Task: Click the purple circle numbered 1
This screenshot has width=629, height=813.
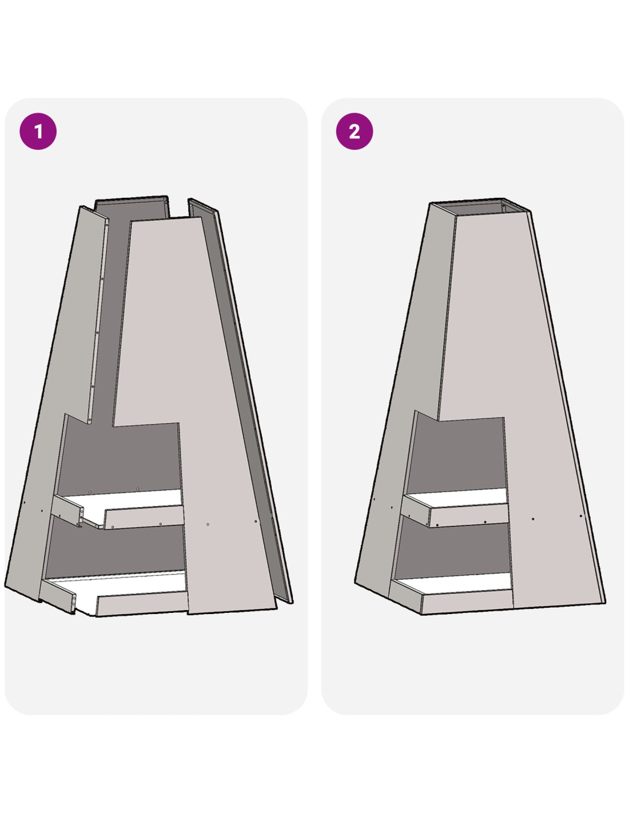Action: pyautogui.click(x=38, y=131)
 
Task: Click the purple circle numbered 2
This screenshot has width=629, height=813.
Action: pyautogui.click(x=355, y=131)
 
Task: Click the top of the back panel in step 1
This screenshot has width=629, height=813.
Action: pyautogui.click(x=131, y=207)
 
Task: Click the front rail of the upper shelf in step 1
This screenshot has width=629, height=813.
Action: pyautogui.click(x=144, y=517)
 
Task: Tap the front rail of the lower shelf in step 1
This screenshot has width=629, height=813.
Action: pyautogui.click(x=142, y=603)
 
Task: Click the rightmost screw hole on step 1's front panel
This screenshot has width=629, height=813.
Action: pyautogui.click(x=256, y=521)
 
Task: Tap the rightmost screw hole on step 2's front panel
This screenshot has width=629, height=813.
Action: pyautogui.click(x=581, y=516)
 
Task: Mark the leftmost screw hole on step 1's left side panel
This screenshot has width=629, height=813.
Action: pyautogui.click(x=25, y=503)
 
